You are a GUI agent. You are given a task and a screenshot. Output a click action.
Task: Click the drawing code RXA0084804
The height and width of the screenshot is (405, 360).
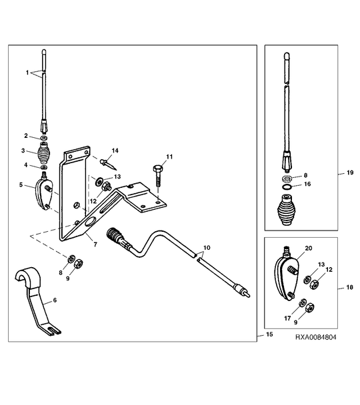[x=316, y=337]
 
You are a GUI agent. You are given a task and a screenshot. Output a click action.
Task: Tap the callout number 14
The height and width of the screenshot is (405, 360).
[x=115, y=151]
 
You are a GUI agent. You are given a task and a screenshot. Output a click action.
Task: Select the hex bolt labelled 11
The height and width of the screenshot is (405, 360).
[x=157, y=177]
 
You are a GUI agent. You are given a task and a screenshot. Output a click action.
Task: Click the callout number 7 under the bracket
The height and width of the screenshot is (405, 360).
[x=95, y=244]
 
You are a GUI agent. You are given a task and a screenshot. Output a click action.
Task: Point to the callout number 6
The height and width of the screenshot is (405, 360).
[x=55, y=300]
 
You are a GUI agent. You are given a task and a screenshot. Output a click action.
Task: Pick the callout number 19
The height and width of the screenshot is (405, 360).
[x=350, y=173]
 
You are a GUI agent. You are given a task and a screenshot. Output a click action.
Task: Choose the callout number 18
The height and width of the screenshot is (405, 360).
[x=349, y=287]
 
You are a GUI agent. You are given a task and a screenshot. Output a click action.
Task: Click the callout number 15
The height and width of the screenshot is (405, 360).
[x=269, y=334]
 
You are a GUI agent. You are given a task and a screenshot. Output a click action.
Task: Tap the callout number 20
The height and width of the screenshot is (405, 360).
[x=309, y=248]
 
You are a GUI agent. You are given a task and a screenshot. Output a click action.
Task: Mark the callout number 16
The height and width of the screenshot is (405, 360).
[x=307, y=184]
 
